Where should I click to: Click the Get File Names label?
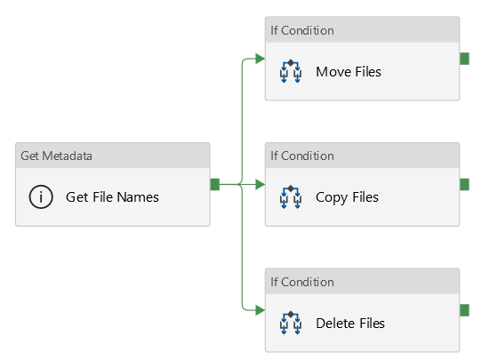point(112,197)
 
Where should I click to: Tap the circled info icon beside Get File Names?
point(41,197)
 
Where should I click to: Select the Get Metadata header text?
point(56,156)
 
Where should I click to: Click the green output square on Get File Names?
point(215,184)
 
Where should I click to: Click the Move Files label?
point(349,72)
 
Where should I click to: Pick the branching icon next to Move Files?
point(291,72)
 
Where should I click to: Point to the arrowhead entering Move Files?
point(260,59)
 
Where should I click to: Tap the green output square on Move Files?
point(464,59)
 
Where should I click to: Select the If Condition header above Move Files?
point(302,30)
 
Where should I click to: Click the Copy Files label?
point(347,197)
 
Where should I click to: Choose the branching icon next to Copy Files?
point(291,197)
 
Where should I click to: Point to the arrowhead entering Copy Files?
point(260,184)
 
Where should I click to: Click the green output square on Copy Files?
point(464,184)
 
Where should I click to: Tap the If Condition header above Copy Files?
point(302,156)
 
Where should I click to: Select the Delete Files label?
point(350,324)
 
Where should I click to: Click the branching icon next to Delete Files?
point(291,323)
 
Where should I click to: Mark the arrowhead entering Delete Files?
point(260,310)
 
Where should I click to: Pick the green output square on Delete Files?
point(464,310)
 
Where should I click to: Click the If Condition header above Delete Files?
point(302,282)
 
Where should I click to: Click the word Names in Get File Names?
point(138,197)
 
